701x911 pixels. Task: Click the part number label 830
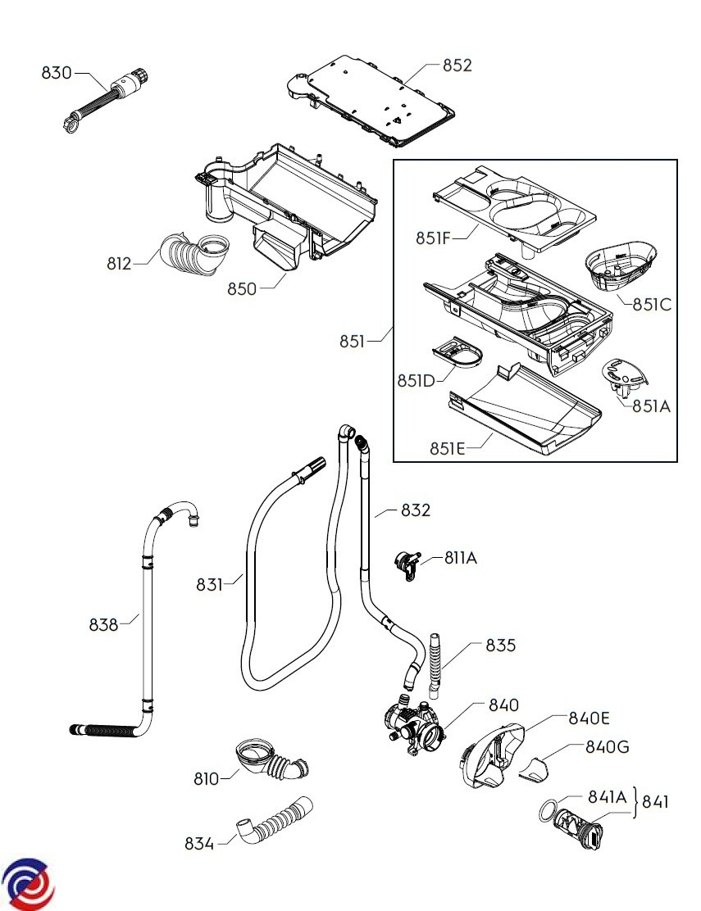point(57,73)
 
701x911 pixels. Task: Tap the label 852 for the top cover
point(457,66)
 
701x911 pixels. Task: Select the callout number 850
point(243,288)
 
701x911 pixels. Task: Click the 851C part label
point(652,304)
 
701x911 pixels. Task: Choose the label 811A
point(460,559)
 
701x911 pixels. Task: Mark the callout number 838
point(104,624)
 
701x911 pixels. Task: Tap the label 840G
point(608,746)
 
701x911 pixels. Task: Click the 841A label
point(607,796)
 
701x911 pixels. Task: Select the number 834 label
point(199,843)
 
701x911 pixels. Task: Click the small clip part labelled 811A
point(406,564)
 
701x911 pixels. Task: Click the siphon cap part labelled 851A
point(624,376)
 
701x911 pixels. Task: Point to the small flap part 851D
point(457,353)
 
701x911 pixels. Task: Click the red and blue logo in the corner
point(28,883)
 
